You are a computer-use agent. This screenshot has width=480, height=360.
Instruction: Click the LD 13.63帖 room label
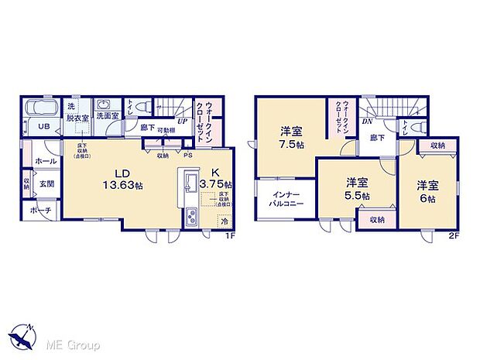coord(109,180)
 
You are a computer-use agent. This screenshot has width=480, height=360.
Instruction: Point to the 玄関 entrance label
coord(46,183)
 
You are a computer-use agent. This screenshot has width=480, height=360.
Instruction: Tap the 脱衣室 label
coord(77,118)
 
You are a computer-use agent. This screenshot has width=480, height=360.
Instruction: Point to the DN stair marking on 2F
coord(368,122)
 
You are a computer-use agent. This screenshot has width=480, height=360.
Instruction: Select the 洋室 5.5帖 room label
coord(357,188)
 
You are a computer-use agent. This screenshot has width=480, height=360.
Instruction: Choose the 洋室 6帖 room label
coord(423,191)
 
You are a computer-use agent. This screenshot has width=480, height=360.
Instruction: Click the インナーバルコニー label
coord(287,199)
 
